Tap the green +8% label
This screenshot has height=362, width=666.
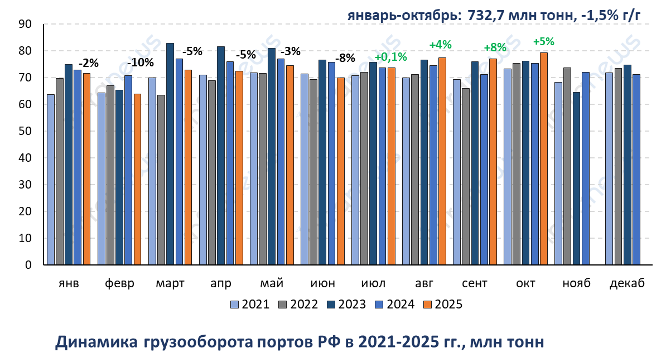click(x=494, y=47)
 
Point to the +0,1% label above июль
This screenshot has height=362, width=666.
click(x=390, y=56)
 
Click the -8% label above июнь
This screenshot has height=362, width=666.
click(x=345, y=57)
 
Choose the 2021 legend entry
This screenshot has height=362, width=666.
click(x=250, y=304)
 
